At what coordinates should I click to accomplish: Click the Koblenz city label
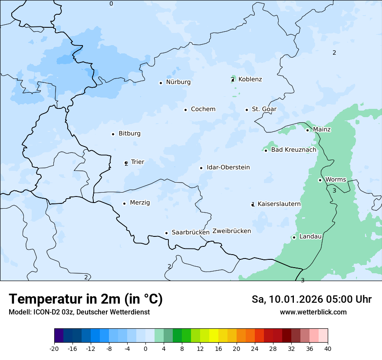250,79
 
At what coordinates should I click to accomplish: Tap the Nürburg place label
178,82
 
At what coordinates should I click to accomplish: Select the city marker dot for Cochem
185,110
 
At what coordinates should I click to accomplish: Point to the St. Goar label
264,109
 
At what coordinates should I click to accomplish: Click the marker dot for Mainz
307,130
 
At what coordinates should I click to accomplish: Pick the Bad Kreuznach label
293,150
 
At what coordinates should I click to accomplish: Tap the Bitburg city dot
113,134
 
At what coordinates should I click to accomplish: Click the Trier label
137,162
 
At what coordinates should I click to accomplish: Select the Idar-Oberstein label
228,167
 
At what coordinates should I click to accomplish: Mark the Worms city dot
320,180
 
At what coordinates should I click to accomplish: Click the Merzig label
140,203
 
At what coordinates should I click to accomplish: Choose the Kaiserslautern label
279,204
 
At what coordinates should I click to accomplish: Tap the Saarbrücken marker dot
166,233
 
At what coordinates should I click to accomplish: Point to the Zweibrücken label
231,231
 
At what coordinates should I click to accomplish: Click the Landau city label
310,237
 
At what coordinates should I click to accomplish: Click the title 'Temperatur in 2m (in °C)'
86,299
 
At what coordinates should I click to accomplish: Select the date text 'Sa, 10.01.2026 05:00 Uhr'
311,299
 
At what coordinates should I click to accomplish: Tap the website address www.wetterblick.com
313,312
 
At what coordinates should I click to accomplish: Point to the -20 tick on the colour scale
54,349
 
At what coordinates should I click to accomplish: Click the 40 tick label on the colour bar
328,349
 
